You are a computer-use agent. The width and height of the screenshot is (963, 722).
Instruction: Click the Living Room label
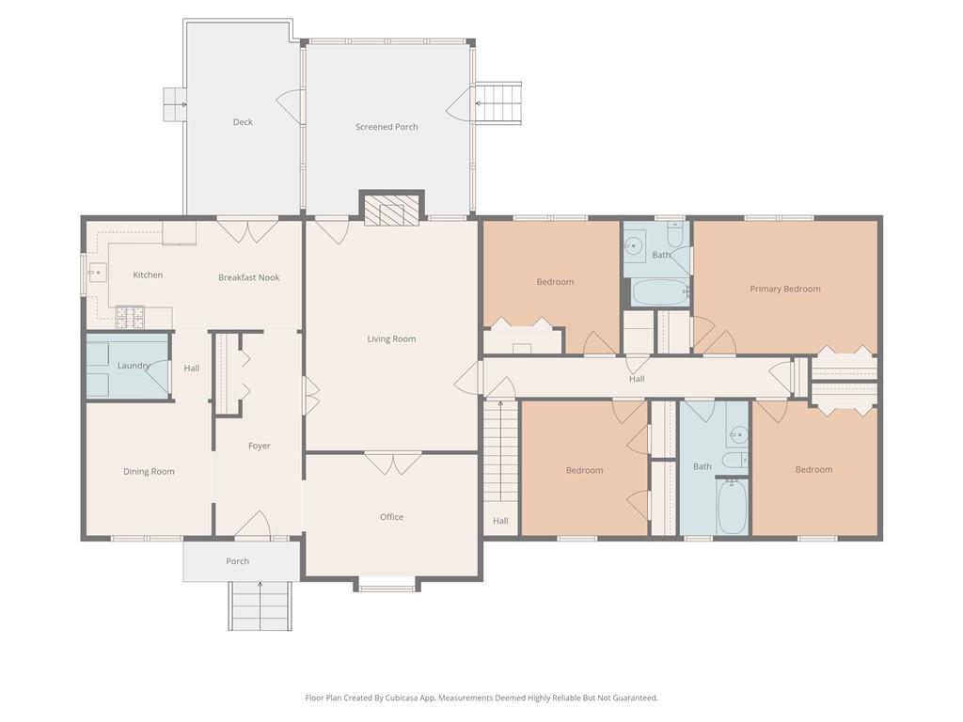[x=391, y=338]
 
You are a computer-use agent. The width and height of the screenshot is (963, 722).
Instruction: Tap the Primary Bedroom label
[x=785, y=289]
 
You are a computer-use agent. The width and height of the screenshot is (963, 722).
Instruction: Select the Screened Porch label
[x=387, y=127]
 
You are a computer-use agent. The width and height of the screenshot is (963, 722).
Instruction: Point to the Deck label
[x=243, y=121]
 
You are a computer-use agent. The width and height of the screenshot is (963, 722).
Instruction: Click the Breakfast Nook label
[x=248, y=277]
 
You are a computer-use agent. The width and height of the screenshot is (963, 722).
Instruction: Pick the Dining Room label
[x=149, y=472]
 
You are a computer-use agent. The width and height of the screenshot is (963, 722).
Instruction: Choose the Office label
[x=391, y=517]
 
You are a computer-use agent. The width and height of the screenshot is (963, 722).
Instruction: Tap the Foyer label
[x=260, y=446]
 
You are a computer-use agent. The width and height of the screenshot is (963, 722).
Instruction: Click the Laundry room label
[x=134, y=366]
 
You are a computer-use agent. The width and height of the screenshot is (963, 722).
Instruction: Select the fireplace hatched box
[x=392, y=210]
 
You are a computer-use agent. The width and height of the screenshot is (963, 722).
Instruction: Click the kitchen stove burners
[x=130, y=316]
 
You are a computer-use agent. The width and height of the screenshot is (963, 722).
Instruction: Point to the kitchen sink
[x=97, y=272]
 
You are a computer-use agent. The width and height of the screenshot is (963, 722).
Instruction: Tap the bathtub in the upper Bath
[x=660, y=293]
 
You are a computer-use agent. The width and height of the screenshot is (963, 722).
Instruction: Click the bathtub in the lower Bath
[x=732, y=507]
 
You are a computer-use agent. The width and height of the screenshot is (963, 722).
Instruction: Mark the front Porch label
[x=237, y=561]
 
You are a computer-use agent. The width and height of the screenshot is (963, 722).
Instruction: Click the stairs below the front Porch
[x=260, y=606]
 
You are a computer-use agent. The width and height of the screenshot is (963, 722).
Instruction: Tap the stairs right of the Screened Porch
[x=498, y=103]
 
